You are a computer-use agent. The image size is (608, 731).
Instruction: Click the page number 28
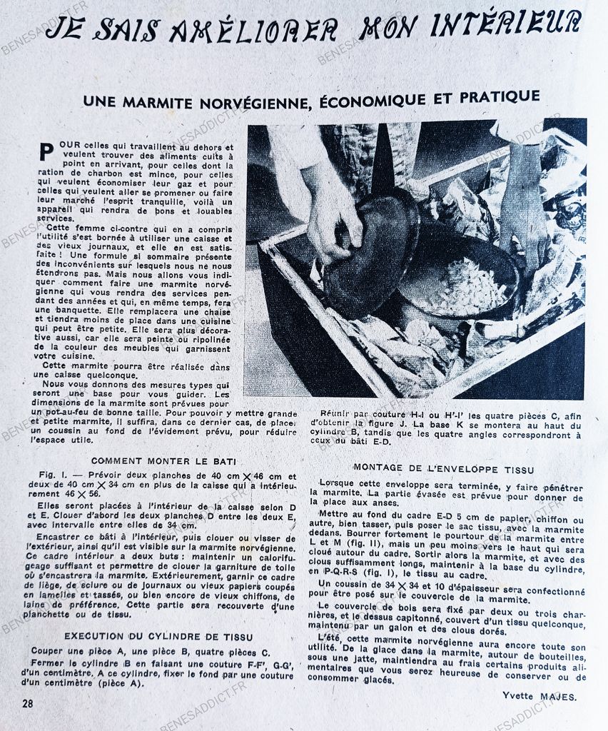[x=28, y=703]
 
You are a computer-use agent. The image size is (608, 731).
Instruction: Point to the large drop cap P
[x=46, y=152]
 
